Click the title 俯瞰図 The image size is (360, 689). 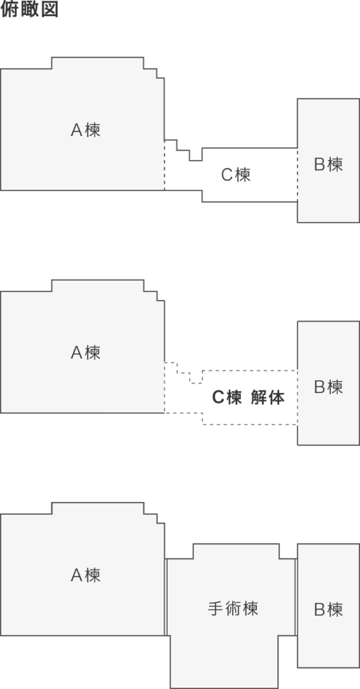pos(29,9)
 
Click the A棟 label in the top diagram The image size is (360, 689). pos(85,130)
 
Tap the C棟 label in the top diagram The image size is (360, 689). pos(236,175)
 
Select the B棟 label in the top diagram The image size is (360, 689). pos(328,164)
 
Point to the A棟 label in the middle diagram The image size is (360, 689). pos(85,353)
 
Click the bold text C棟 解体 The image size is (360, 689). pos(248,397)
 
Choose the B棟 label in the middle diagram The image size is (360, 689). pos(328,387)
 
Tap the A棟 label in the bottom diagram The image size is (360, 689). pos(85,575)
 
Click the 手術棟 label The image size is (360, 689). pos(233,608)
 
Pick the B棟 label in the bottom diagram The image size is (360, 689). pos(328,610)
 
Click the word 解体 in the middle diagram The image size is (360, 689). pos(268,397)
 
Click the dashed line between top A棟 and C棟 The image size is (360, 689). pos(164,166)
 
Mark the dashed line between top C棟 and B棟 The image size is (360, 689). pos(297,175)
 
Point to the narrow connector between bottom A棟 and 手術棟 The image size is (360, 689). pos(166,597)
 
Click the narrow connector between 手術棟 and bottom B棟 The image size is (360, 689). pos(296,597)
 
